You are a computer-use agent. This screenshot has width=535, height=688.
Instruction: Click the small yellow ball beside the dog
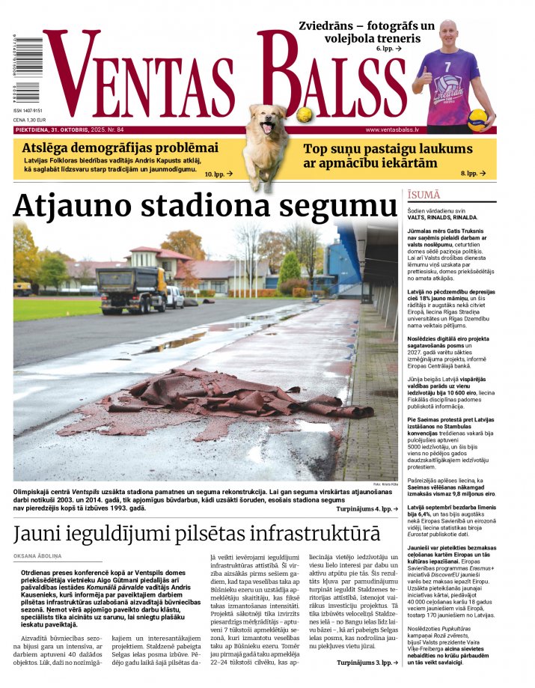(x=304, y=115)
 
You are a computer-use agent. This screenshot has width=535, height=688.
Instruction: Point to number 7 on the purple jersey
(x=448, y=67)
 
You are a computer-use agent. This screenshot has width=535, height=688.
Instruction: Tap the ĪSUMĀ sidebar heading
(x=424, y=195)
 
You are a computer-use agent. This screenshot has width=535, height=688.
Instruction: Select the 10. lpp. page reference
(x=218, y=174)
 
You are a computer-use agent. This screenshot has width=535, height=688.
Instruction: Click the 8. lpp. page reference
(x=474, y=174)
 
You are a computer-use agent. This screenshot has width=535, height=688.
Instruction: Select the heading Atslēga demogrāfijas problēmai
(x=120, y=147)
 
